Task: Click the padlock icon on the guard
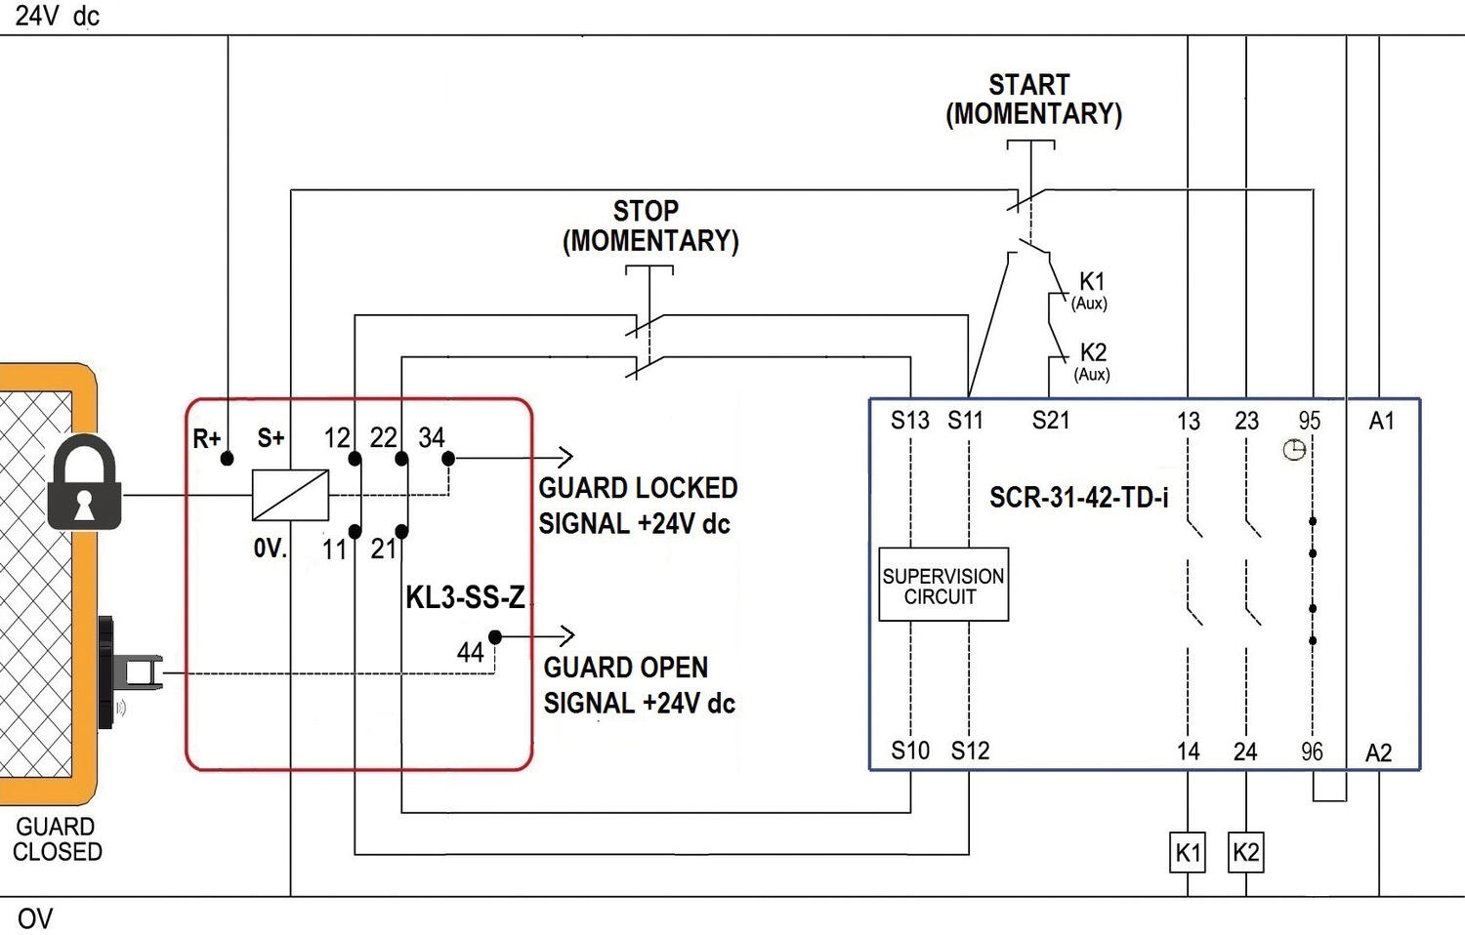(x=84, y=484)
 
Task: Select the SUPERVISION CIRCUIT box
(x=943, y=586)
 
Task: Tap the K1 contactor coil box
(x=1188, y=852)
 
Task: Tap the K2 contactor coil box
(x=1245, y=852)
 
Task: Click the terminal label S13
(x=909, y=421)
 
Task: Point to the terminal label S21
(x=1051, y=421)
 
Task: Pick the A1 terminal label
(x=1381, y=421)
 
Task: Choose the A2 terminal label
(x=1378, y=752)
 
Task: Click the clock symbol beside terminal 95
(x=1294, y=450)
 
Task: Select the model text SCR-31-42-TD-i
(x=1078, y=498)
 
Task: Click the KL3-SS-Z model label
(x=465, y=597)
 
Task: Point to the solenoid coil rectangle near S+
(x=290, y=495)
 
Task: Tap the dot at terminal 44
(x=495, y=637)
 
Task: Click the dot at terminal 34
(x=448, y=458)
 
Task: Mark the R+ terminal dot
(x=227, y=458)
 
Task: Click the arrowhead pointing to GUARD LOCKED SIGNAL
(x=565, y=457)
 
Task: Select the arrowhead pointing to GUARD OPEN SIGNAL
(x=566, y=636)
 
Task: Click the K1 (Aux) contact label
(x=1090, y=290)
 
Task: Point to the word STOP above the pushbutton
(x=646, y=211)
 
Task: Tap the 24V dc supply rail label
(x=57, y=16)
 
